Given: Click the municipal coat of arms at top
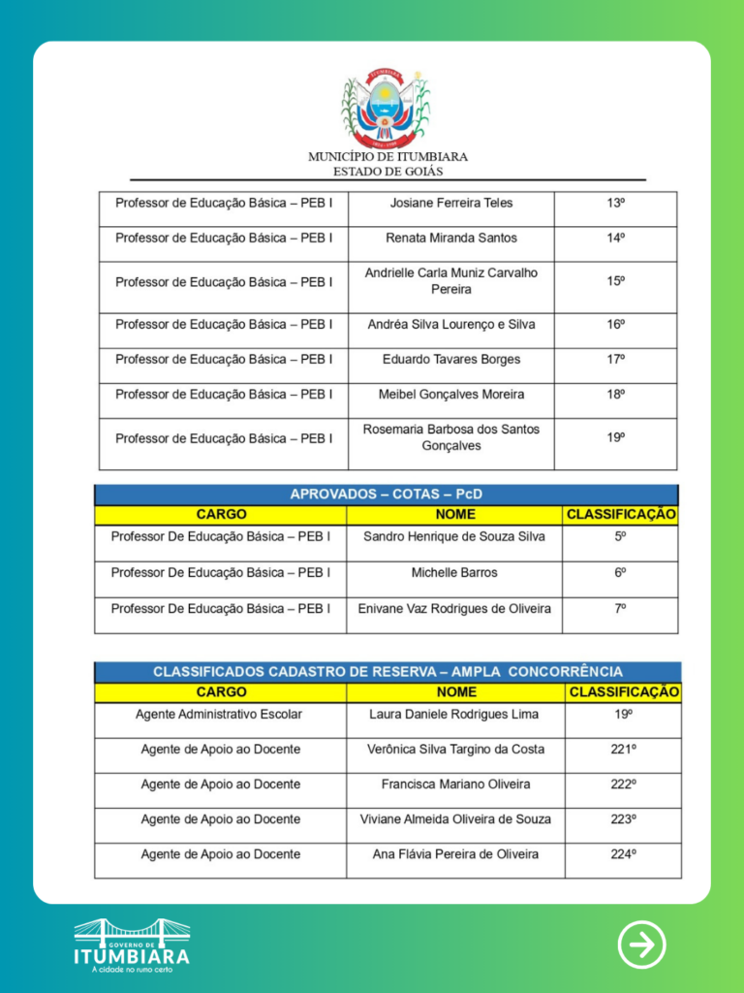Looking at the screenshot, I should point(387,107).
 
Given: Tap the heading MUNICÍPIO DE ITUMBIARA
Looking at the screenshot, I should point(387,156).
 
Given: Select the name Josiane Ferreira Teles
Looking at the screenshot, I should point(451,203).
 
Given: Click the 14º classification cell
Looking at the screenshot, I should point(615,238).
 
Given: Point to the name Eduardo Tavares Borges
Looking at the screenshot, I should point(451,359).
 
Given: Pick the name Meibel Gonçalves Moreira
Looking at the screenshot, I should point(451,395).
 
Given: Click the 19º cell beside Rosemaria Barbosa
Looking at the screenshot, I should point(615,437).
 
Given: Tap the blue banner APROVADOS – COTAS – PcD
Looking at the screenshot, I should point(387,495).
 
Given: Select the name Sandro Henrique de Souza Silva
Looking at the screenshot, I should point(454,536).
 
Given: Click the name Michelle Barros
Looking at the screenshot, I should point(454,572).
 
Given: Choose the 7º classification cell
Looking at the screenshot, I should point(620,608).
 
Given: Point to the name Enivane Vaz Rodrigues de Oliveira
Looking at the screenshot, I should point(454,608).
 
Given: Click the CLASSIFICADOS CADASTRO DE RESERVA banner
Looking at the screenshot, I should point(387,671).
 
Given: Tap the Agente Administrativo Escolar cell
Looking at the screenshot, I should point(219,714).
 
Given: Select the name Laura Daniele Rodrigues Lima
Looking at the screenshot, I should point(455,714).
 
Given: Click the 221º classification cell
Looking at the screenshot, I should point(623,749).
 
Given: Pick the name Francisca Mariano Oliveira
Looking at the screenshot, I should point(455,784).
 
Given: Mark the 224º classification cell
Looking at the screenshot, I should point(623,854).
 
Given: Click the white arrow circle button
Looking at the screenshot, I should point(642,944).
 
